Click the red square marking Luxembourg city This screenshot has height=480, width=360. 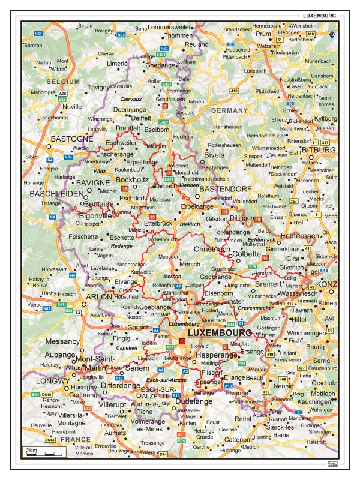pyautogui.click(x=182, y=341)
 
